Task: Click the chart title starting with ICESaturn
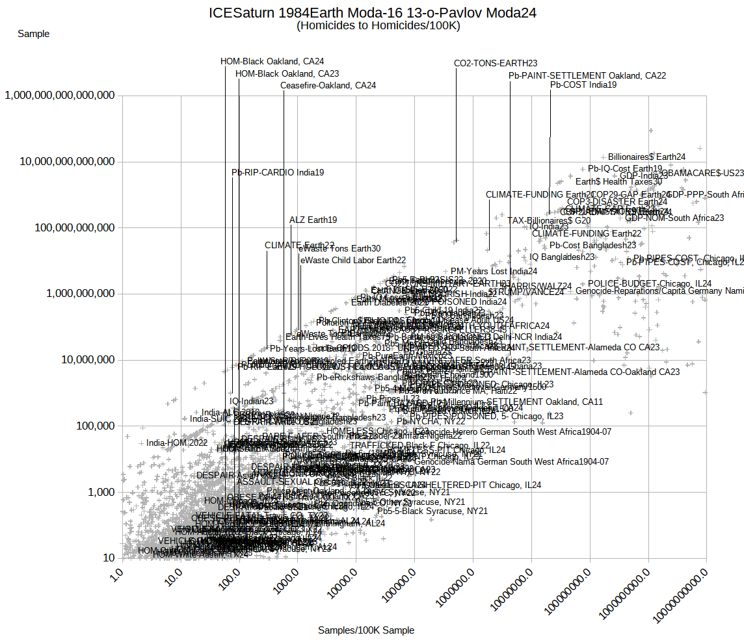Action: click(373, 13)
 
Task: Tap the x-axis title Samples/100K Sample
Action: click(366, 630)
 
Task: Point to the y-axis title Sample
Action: click(34, 33)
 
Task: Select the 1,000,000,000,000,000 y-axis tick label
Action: click(60, 96)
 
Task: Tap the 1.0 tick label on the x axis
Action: click(115, 576)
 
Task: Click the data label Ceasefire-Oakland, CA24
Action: click(328, 85)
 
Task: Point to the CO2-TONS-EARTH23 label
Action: click(496, 63)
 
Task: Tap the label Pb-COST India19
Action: click(583, 84)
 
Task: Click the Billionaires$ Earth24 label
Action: click(646, 157)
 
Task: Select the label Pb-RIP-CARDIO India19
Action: click(278, 172)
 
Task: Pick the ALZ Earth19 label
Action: click(313, 220)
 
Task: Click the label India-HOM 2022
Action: click(177, 443)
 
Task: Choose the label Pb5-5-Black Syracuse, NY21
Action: click(432, 511)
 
